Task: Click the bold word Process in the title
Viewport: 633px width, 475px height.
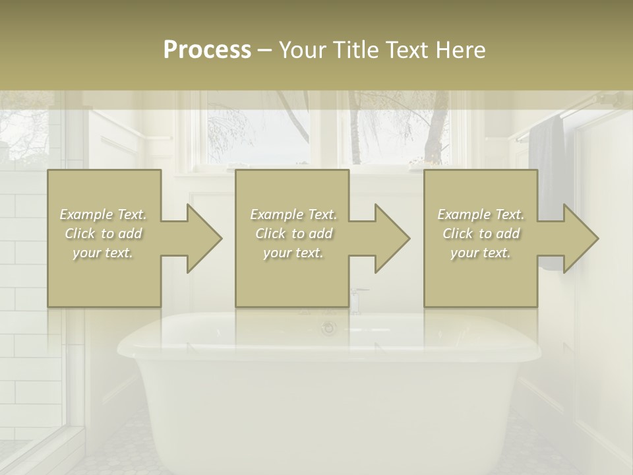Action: point(207,50)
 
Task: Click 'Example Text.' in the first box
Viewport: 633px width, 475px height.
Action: point(104,214)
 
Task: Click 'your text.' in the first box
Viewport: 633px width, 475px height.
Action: point(104,253)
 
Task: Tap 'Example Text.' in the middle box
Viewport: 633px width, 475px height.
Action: point(293,214)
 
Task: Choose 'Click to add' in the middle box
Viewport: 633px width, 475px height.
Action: point(293,234)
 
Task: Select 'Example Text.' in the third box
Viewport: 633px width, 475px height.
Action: point(481,214)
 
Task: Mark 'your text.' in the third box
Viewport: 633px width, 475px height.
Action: point(481,253)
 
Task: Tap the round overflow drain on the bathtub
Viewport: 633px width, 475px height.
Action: point(328,328)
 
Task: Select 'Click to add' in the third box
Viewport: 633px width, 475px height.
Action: point(481,234)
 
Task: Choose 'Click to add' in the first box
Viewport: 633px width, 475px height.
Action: point(104,234)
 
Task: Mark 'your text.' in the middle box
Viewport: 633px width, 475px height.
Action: point(293,253)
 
